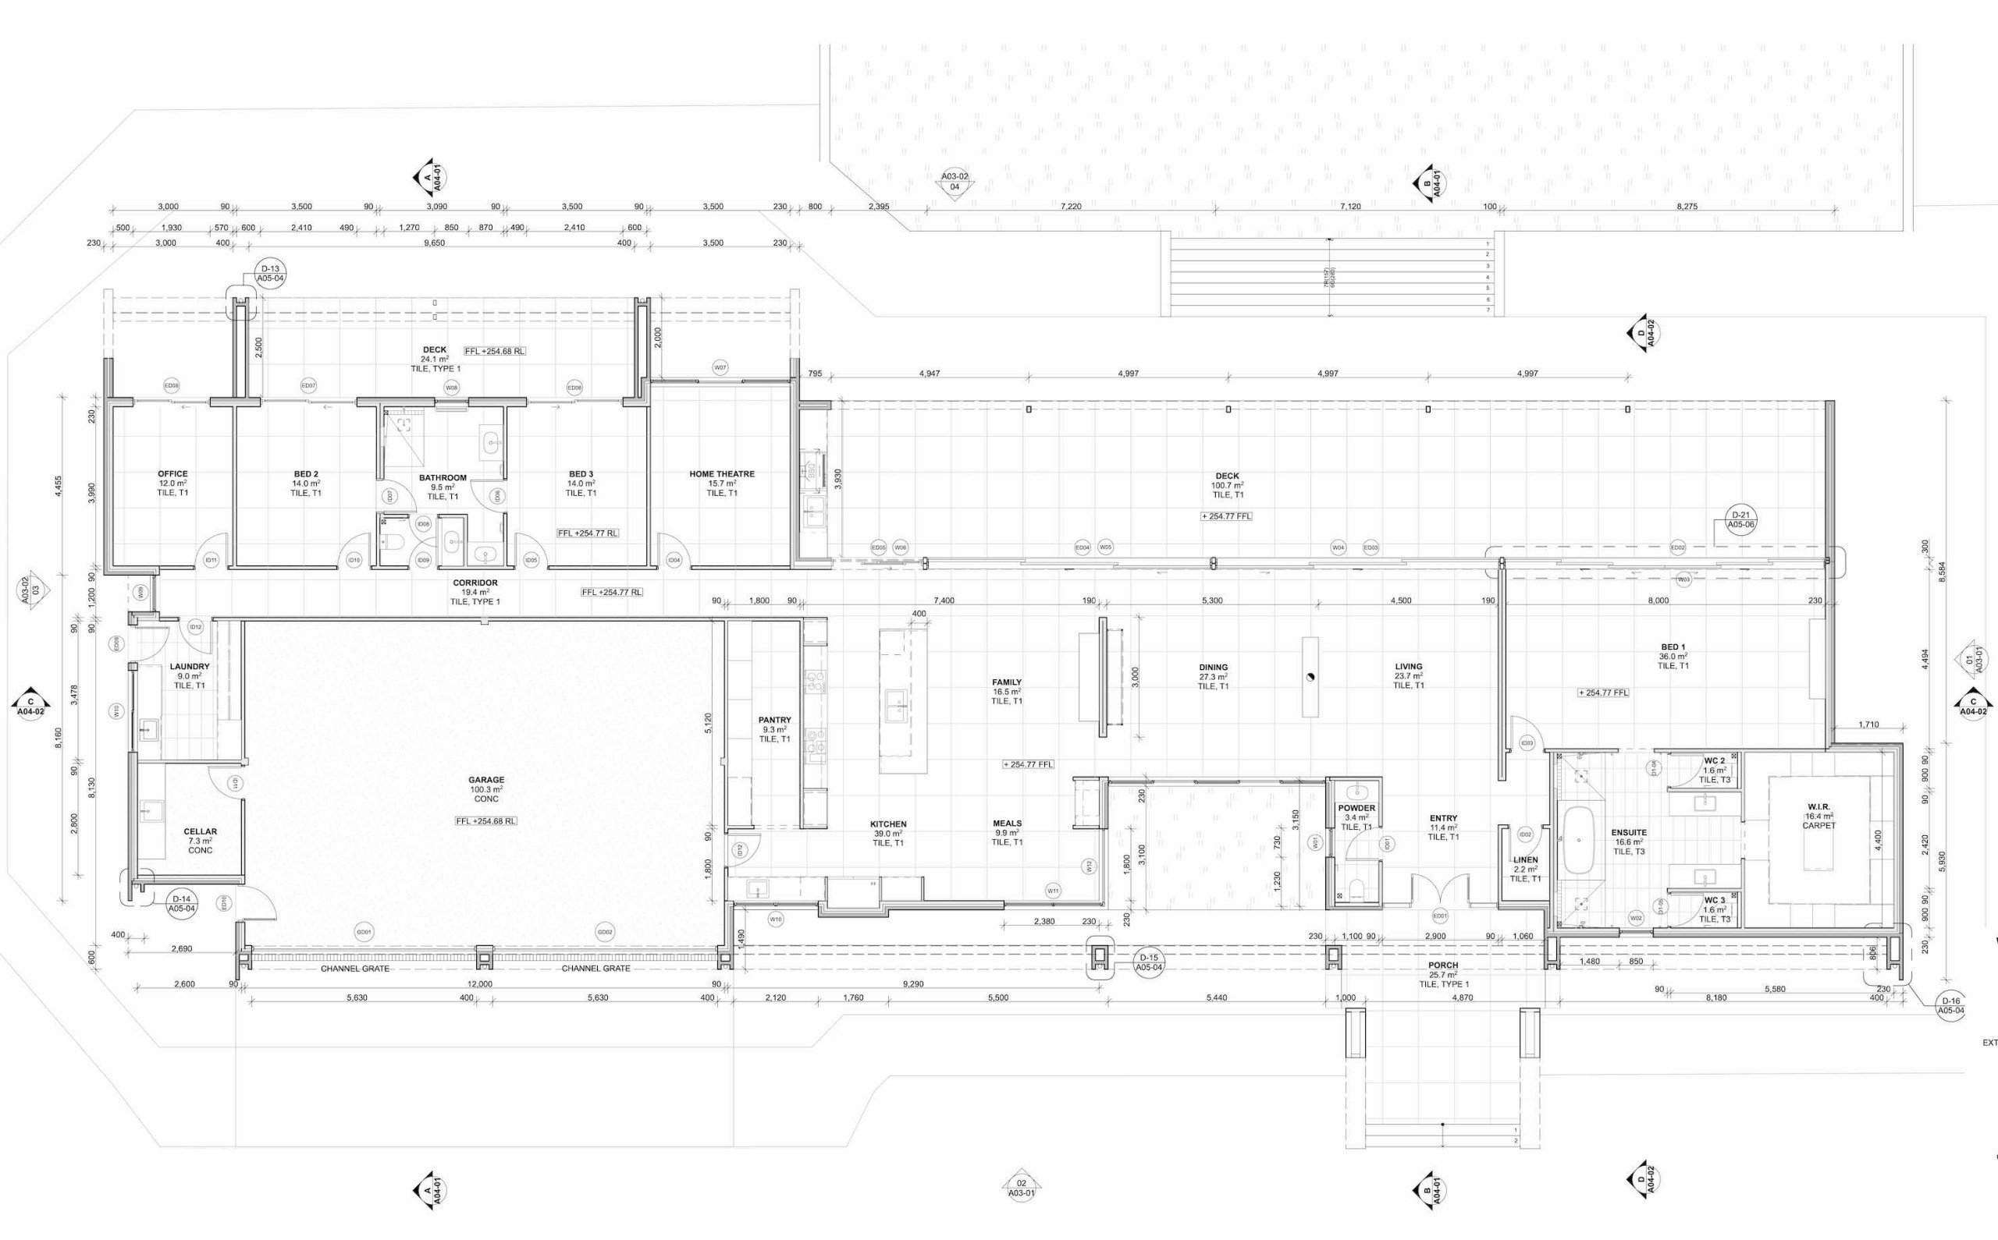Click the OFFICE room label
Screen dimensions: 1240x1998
click(x=172, y=474)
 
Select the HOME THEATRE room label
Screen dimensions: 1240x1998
click(x=721, y=474)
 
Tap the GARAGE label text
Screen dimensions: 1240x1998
click(x=485, y=780)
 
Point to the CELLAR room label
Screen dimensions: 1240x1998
click(x=201, y=831)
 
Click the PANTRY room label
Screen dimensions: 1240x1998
click(x=774, y=720)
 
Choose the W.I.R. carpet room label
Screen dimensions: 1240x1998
click(x=1818, y=807)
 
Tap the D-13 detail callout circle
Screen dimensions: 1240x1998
click(x=270, y=273)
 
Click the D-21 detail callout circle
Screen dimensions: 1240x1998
click(x=1740, y=519)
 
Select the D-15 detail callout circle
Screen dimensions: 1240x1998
click(x=1149, y=962)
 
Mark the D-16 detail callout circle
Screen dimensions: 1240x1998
click(x=1951, y=1005)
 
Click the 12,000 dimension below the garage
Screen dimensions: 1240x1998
click(x=479, y=984)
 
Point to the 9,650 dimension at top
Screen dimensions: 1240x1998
click(x=434, y=243)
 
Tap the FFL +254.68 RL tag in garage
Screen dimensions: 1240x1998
click(x=486, y=821)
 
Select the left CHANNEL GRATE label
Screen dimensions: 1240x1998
click(x=354, y=969)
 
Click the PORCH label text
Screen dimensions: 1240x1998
click(x=1443, y=965)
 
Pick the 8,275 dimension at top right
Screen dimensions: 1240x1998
click(x=1687, y=207)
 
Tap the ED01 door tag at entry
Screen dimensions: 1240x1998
click(x=1439, y=916)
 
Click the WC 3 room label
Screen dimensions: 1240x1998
click(x=1714, y=900)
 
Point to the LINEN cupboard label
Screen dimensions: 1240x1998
click(x=1524, y=860)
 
